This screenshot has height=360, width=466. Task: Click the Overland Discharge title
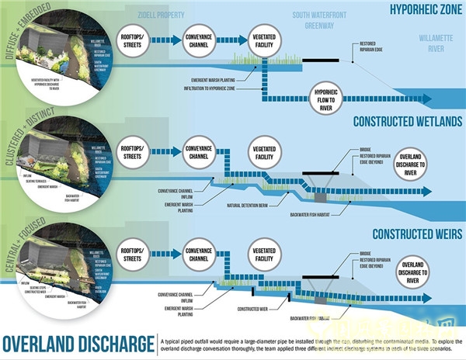78,343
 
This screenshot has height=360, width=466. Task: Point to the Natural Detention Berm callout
249,204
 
